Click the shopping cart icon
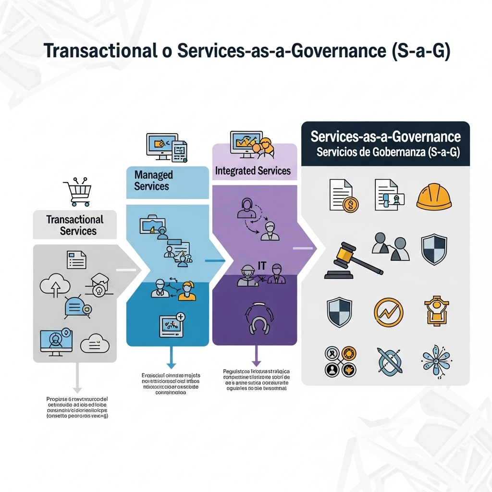77,192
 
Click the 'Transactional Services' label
75,225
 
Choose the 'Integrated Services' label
253,171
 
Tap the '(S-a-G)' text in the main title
421,52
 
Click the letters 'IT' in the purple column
262,265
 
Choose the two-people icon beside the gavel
390,246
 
